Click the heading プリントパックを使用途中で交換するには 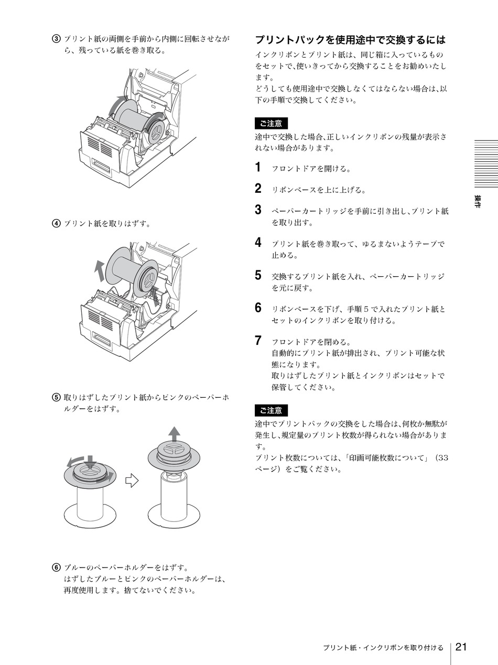(350, 40)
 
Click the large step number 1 (258, 168)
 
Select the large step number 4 (258, 242)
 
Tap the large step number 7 (258, 341)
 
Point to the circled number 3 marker (55, 39)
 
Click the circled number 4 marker (55, 224)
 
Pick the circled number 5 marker (55, 397)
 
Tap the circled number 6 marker (55, 568)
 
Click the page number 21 (461, 647)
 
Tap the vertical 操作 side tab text (478, 202)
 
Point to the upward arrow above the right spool (174, 434)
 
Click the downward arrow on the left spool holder (90, 462)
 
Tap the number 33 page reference (442, 458)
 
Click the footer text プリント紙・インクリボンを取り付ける (383, 648)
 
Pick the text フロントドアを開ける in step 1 (311, 169)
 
